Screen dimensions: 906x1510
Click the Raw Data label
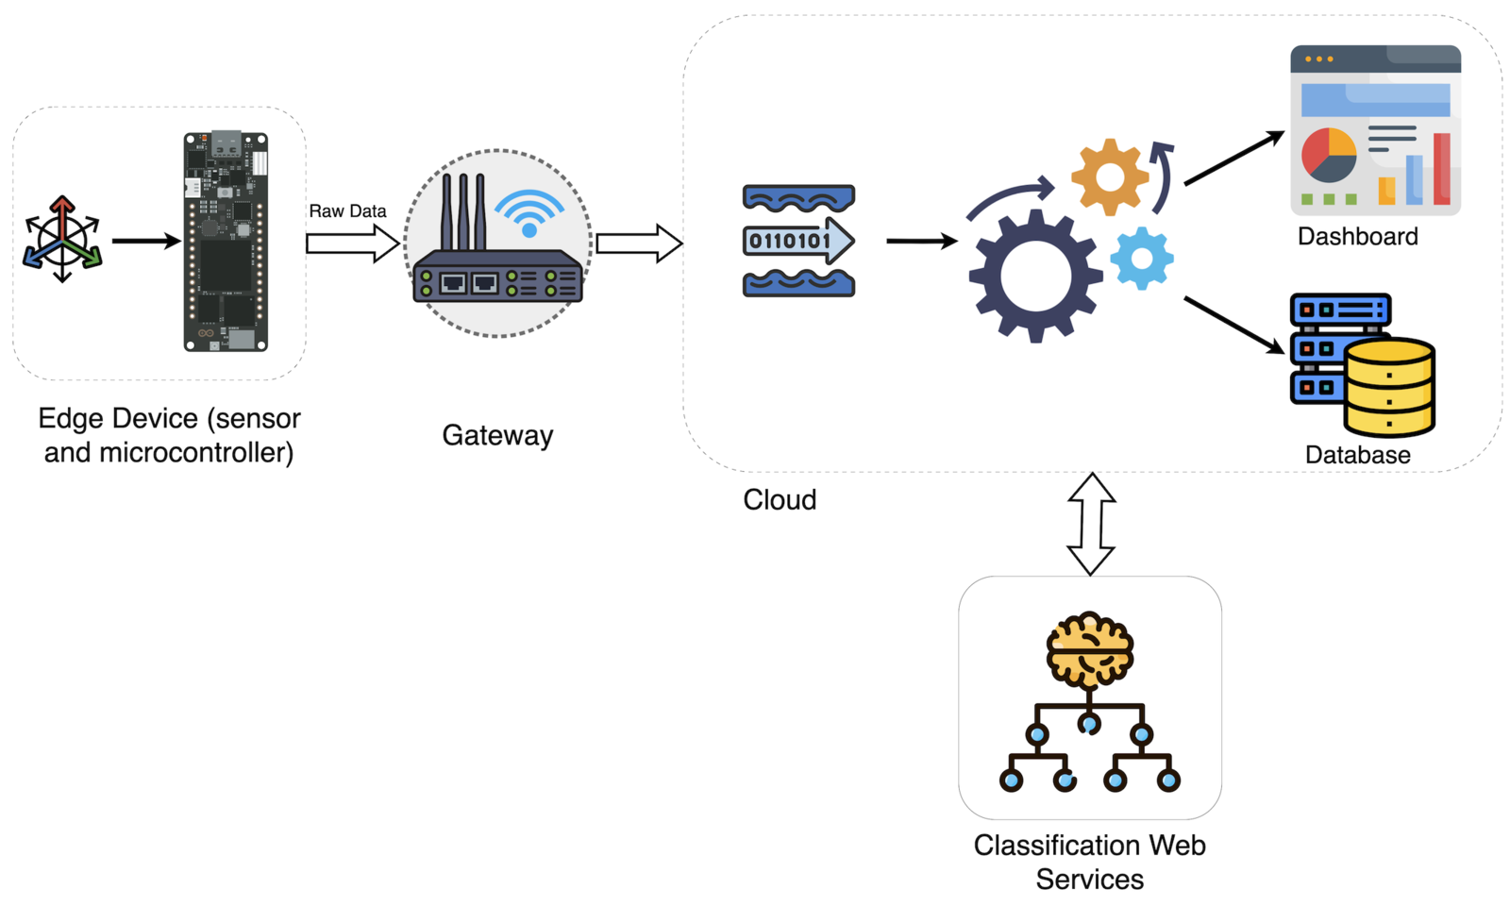click(347, 211)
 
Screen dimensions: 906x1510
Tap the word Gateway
click(497, 435)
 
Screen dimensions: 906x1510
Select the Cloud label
click(780, 499)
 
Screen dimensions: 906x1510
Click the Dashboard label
click(1357, 236)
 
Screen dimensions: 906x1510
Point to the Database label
click(1357, 455)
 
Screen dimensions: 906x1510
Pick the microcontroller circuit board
click(226, 242)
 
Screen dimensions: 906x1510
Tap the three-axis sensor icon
click(62, 239)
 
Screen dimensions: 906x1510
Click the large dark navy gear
click(1035, 276)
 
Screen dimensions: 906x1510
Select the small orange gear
click(1110, 176)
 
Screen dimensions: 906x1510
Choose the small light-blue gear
click(1142, 258)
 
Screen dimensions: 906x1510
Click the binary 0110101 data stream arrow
click(798, 241)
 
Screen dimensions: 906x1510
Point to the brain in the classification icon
click(1089, 651)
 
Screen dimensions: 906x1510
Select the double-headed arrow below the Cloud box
click(1091, 524)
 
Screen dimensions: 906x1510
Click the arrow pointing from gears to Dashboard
click(1233, 159)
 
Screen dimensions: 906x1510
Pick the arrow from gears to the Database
click(1233, 326)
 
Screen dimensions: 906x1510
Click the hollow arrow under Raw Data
click(352, 243)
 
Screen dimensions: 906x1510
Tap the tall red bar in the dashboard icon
click(1441, 169)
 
